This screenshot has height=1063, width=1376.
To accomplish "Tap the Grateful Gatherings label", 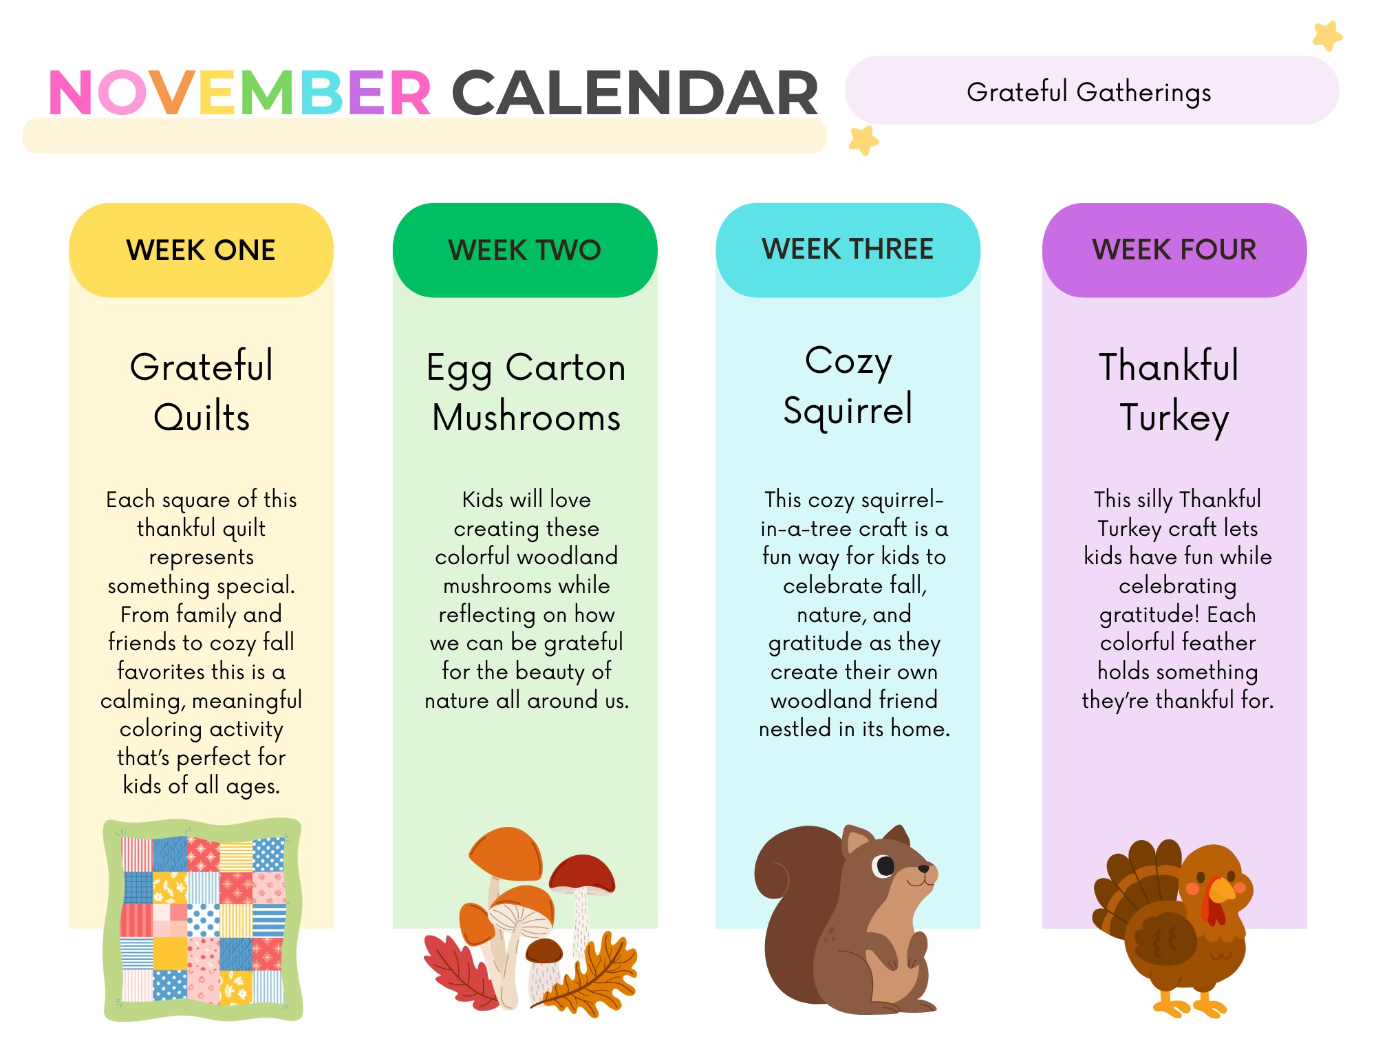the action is pos(1089,92).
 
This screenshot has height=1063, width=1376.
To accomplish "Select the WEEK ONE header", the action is pos(201,250).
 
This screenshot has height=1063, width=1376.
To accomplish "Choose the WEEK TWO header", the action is pos(525,250).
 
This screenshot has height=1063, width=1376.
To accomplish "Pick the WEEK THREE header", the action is pos(848,249).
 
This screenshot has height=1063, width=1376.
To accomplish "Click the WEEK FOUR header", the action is pos(1174,249).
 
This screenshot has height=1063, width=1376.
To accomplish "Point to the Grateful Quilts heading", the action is pos(202,391).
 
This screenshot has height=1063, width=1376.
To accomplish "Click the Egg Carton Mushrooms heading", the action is pos(526,392).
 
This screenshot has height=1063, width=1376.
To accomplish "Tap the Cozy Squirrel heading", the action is pos(848,385).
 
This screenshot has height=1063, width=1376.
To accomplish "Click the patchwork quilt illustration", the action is pos(202,919).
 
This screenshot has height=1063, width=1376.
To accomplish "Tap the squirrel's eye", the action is pos(884,865).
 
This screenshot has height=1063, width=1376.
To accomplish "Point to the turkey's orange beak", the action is pos(1222,890).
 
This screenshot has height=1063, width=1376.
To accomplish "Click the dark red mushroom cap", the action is pos(582,873).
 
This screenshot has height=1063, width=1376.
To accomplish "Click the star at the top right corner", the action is pos(1327,36).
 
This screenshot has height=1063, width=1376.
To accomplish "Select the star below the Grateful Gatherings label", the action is pos(863,140).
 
